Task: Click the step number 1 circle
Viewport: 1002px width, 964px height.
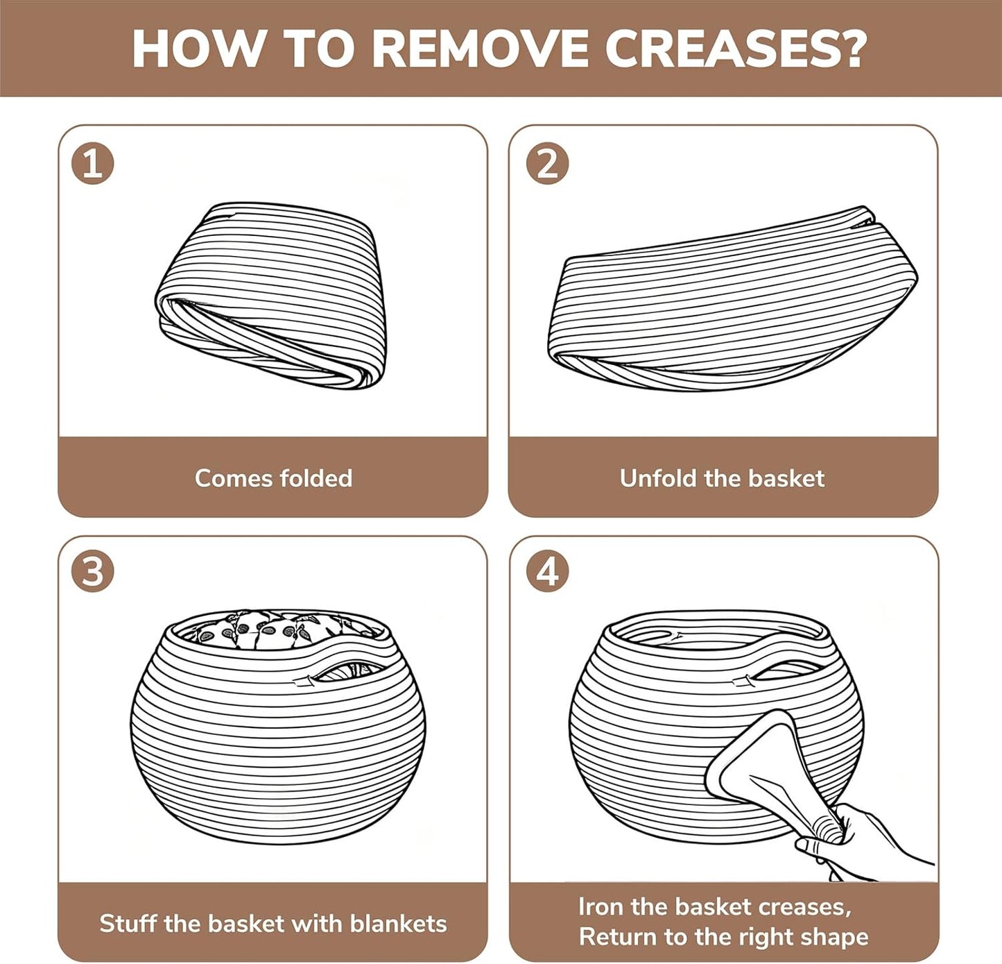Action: (93, 163)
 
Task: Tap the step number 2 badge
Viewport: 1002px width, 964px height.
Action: (547, 163)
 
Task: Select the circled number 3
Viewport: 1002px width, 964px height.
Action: (93, 571)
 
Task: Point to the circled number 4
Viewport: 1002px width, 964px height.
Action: (547, 571)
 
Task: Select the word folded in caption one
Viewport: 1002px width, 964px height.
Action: (316, 478)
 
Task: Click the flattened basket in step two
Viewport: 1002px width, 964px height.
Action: (733, 299)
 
